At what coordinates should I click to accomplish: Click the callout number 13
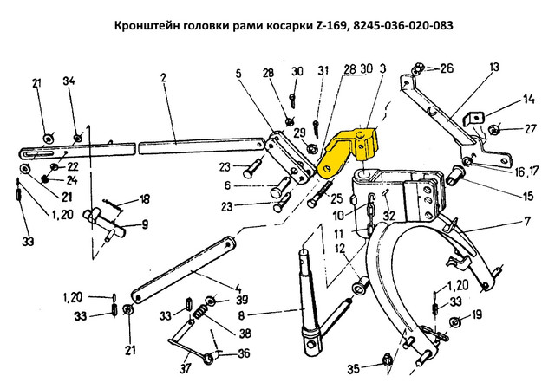494,67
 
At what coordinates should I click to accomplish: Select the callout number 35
353,369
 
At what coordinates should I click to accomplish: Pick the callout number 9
145,224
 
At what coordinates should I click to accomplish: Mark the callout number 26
447,67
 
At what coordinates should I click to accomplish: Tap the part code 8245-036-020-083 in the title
403,25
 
